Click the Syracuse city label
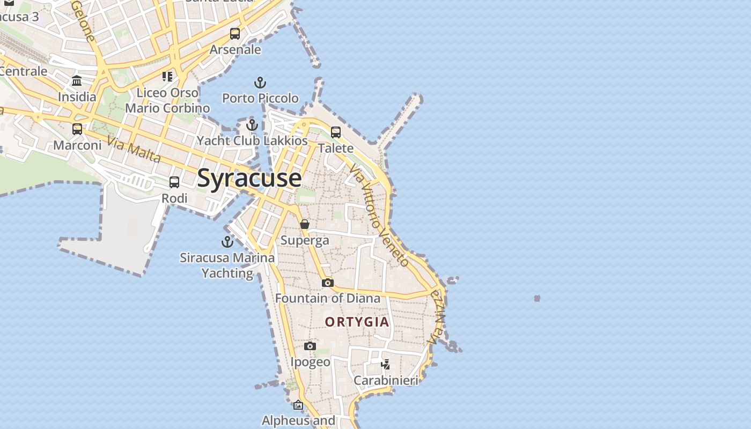[x=249, y=178]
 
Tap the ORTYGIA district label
[x=357, y=322]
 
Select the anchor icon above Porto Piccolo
[x=260, y=83]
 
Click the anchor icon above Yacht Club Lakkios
[x=252, y=125]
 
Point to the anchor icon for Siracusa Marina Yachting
[x=227, y=242]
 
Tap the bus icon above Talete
[x=336, y=132]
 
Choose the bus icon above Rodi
[x=174, y=182]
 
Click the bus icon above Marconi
[x=77, y=129]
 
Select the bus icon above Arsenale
[x=235, y=34]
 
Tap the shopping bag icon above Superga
[x=305, y=224]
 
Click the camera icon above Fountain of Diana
[x=328, y=283]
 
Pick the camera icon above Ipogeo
[x=310, y=346]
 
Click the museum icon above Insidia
[x=77, y=81]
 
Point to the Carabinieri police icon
[x=385, y=365]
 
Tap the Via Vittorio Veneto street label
[x=379, y=215]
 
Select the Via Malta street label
[x=134, y=150]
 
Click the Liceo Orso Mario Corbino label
[x=167, y=100]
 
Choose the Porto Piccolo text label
[x=260, y=98]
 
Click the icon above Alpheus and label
[x=298, y=405]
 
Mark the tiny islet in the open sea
[x=537, y=298]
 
